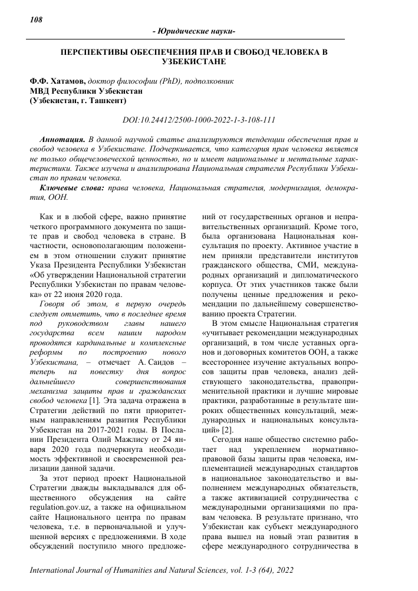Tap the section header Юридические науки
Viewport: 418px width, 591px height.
(x=193, y=31)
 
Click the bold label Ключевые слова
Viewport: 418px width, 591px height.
(x=71, y=187)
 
